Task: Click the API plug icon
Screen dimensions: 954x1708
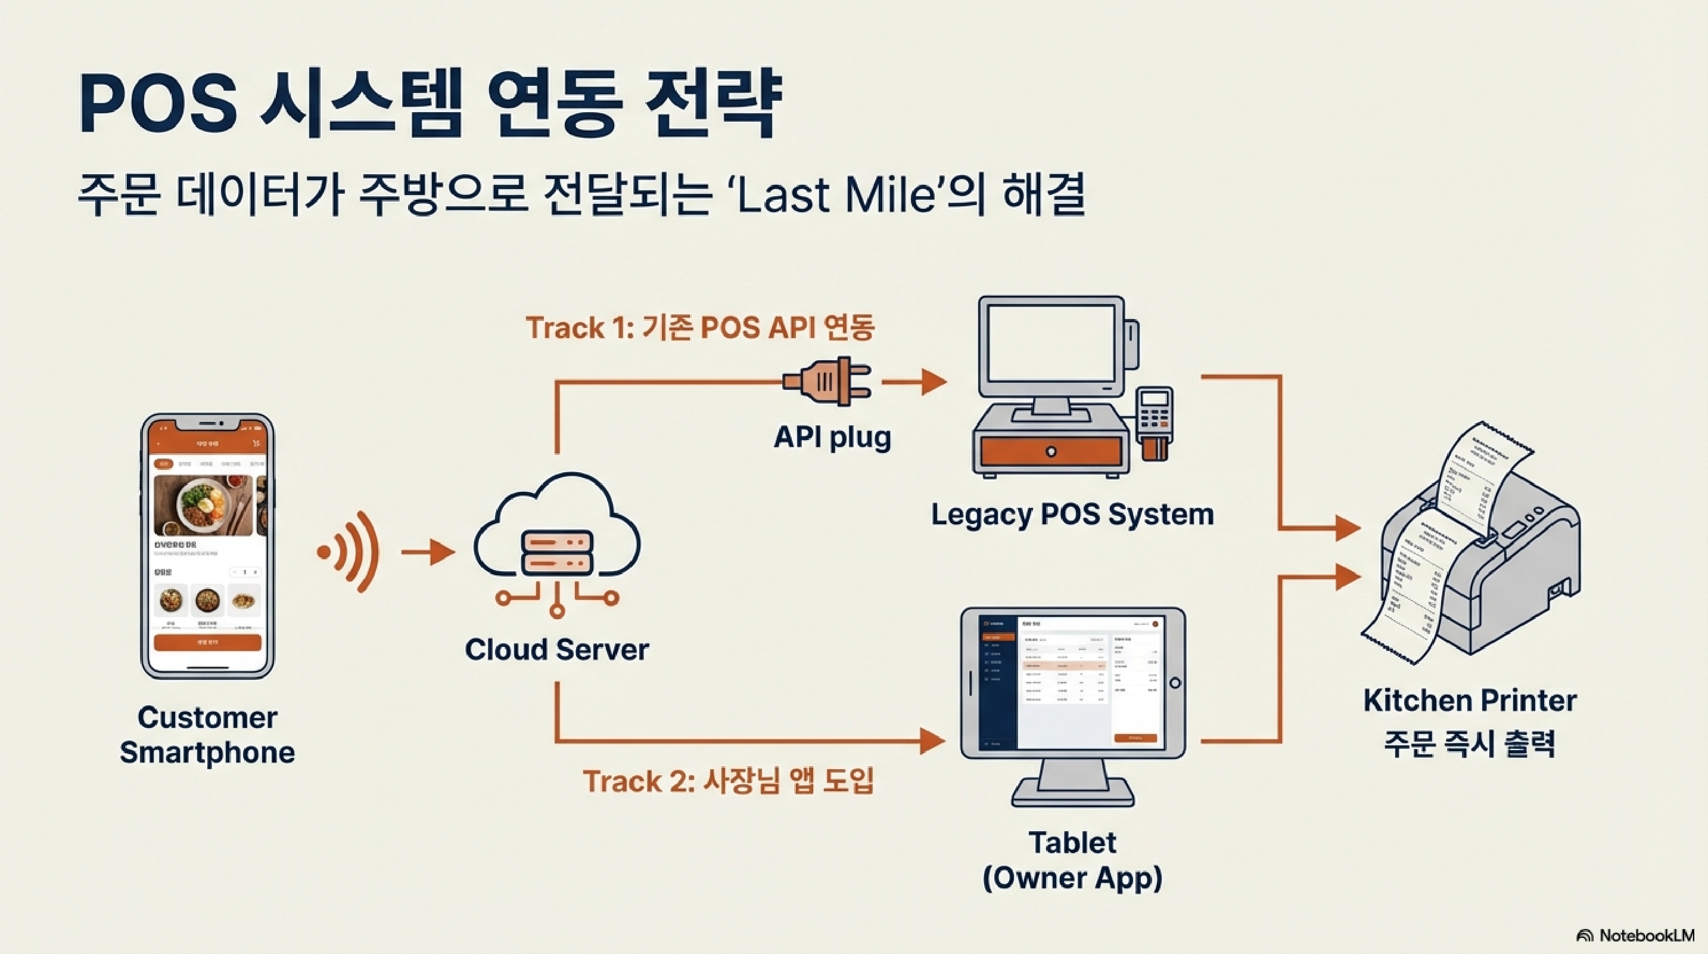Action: coord(826,382)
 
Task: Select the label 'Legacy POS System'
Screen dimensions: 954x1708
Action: coord(1072,514)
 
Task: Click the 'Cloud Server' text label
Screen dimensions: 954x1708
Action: coord(557,649)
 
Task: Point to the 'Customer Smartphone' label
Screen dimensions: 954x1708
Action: coord(207,735)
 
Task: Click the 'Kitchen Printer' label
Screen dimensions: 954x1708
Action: coord(1470,701)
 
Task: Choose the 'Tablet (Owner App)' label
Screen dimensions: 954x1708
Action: coord(1072,860)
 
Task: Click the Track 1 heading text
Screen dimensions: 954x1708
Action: coord(700,328)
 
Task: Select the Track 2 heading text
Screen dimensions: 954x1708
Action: coord(728,781)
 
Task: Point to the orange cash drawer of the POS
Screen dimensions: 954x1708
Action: coord(1050,452)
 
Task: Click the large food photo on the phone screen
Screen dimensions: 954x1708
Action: coord(204,506)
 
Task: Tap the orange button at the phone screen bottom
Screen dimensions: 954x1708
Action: coord(207,642)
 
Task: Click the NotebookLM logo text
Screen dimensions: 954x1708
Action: coord(1646,936)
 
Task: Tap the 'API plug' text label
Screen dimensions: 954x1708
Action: coord(832,437)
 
